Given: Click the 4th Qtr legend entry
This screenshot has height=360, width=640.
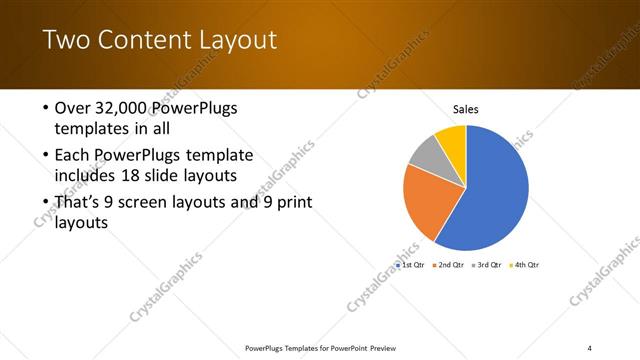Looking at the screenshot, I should (x=525, y=265).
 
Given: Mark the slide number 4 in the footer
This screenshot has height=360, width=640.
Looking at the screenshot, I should (x=590, y=347).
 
